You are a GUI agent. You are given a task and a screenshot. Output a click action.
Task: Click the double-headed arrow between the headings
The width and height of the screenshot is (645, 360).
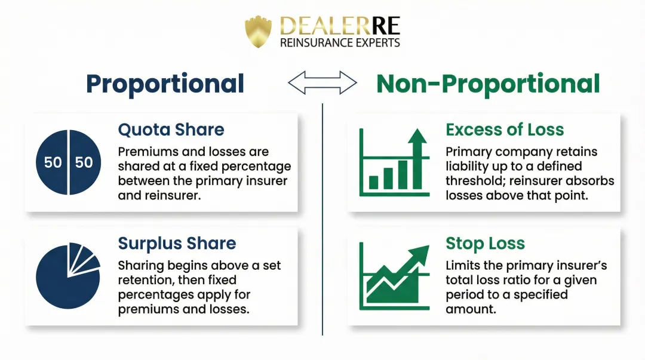[322, 84]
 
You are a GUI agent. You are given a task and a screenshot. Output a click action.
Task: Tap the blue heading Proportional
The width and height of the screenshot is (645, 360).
[165, 84]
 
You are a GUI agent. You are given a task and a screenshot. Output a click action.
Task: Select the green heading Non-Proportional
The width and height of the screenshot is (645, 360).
[488, 84]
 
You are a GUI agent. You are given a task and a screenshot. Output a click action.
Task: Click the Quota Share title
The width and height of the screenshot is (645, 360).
[171, 130]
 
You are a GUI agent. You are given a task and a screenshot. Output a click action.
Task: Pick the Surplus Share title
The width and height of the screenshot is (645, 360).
[177, 244]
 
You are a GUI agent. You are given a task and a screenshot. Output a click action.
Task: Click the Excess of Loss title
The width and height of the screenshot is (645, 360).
[505, 130]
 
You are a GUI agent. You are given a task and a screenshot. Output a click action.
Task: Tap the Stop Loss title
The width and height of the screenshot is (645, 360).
[485, 244]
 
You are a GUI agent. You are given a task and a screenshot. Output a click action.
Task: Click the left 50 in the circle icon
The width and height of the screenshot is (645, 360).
[53, 162]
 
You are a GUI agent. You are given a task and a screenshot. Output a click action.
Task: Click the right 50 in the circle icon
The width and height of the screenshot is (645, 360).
[84, 162]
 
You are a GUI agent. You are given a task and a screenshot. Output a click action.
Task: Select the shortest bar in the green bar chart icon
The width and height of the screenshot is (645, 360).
[374, 181]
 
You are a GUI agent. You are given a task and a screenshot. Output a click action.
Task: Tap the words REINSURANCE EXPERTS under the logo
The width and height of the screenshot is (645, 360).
[340, 43]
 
